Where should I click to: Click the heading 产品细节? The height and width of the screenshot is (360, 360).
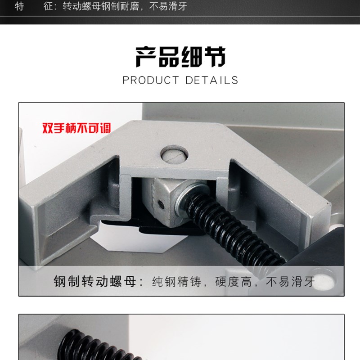[180, 57]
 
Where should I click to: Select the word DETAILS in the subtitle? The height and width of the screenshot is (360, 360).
[212, 81]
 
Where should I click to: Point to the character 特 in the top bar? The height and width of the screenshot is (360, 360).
[19, 6]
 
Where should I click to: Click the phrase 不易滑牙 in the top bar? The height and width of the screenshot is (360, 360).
[170, 6]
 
